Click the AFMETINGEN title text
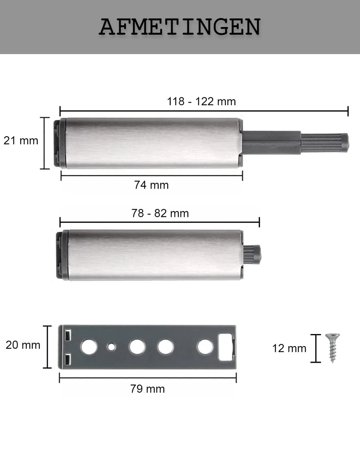pyautogui.click(x=180, y=27)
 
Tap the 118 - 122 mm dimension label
pyautogui.click(x=201, y=101)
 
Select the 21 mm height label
pyautogui.click(x=21, y=141)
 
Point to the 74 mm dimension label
pyautogui.click(x=151, y=185)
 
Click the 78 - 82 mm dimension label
pyautogui.click(x=160, y=213)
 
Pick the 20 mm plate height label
pyautogui.click(x=23, y=345)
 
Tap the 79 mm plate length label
pyautogui.click(x=148, y=389)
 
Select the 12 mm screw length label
pyautogui.click(x=289, y=348)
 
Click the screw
pyautogui.click(x=333, y=348)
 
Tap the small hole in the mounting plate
pyautogui.click(x=112, y=347)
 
